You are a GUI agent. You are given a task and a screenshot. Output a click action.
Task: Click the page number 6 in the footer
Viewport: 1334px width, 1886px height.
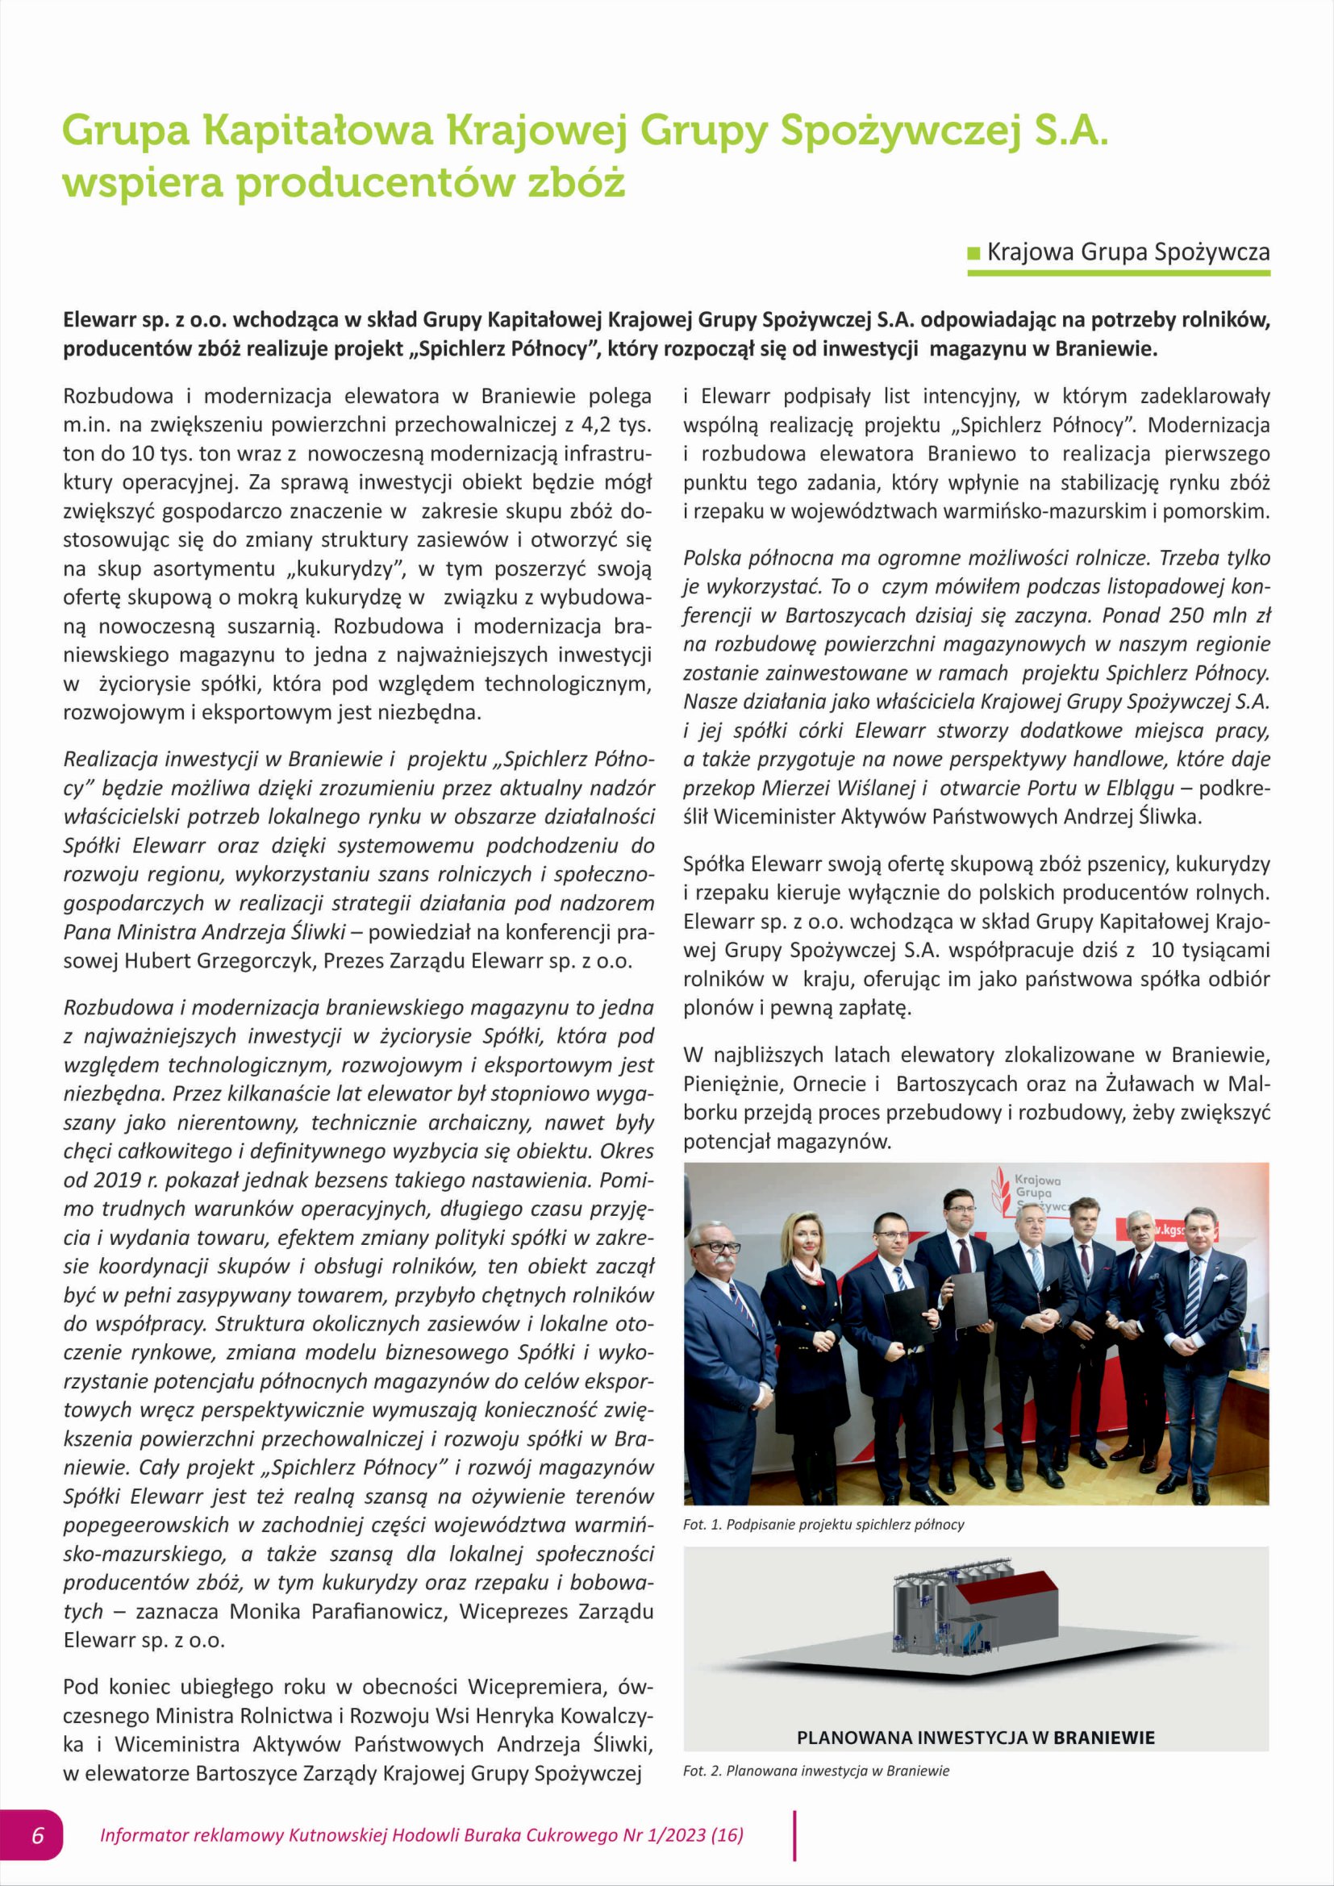pos(38,1835)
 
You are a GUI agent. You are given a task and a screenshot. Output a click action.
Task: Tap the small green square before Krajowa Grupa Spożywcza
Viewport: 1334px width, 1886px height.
pos(974,252)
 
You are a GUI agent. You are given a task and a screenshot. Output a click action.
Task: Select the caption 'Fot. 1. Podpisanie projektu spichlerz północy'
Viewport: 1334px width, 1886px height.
pos(823,1525)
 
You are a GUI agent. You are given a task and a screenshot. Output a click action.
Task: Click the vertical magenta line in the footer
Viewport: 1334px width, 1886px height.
pos(794,1835)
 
